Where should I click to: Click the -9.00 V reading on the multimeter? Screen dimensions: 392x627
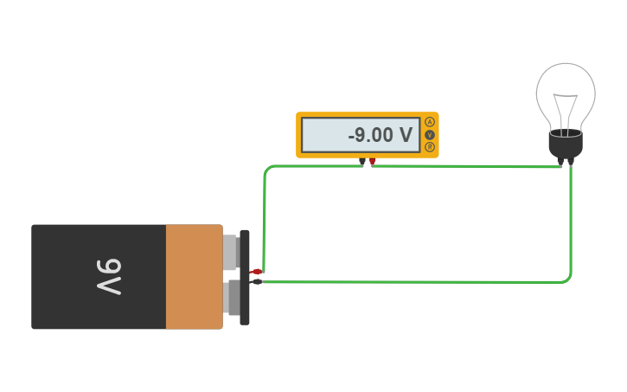tap(381, 135)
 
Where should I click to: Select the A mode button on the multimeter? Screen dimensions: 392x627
tap(430, 123)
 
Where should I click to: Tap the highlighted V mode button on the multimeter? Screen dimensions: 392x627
tap(430, 135)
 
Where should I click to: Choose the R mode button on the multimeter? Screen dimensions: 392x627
tap(430, 147)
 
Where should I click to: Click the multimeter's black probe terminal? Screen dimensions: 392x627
tap(362, 162)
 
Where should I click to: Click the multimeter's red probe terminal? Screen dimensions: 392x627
tap(373, 162)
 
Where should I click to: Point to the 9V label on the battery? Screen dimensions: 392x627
tap(109, 277)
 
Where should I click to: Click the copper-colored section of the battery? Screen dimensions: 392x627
tap(194, 277)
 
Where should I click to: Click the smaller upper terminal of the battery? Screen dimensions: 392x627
tap(230, 252)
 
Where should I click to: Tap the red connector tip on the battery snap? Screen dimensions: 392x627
tap(257, 272)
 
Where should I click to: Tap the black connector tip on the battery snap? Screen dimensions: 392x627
tap(257, 281)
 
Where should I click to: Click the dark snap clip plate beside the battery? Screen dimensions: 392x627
tap(245, 278)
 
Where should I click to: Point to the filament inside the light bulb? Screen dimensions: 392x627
tap(566, 108)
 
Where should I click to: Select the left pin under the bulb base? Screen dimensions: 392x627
tap(560, 161)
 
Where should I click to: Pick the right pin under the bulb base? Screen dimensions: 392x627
tap(571, 161)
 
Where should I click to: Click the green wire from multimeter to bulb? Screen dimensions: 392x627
tap(467, 165)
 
